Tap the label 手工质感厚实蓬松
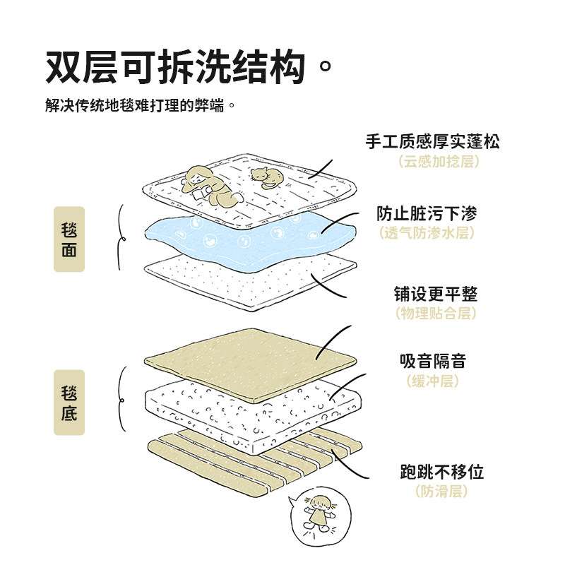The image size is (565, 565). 432,141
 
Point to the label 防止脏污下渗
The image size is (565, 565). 426,213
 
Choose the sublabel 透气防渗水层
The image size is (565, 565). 426,233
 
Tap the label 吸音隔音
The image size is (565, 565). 433,362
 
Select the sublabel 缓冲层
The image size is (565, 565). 433,381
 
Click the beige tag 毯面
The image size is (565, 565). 69,239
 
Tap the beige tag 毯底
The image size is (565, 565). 69,402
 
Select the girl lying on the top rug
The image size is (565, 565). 208,185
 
